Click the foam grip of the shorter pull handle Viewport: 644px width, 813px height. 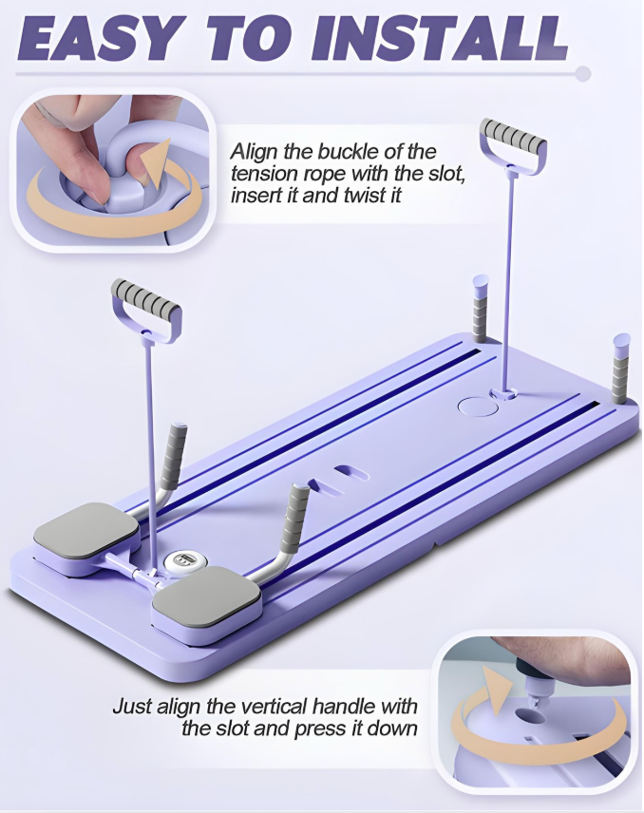[146, 300]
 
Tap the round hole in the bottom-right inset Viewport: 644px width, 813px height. [529, 718]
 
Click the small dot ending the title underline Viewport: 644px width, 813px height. [583, 73]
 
